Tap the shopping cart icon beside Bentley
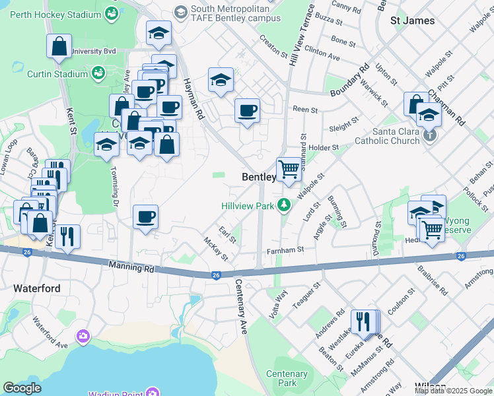[x=289, y=169]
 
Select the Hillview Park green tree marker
[x=284, y=205]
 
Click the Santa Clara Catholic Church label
[x=387, y=135]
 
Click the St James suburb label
[x=413, y=20]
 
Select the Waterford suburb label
[x=37, y=288]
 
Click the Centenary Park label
[x=287, y=378]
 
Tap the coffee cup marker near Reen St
[x=247, y=110]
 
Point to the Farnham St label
[x=285, y=250]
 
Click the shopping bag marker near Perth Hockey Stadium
[x=59, y=46]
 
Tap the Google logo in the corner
[x=22, y=388]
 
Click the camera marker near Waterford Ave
[x=83, y=337]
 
